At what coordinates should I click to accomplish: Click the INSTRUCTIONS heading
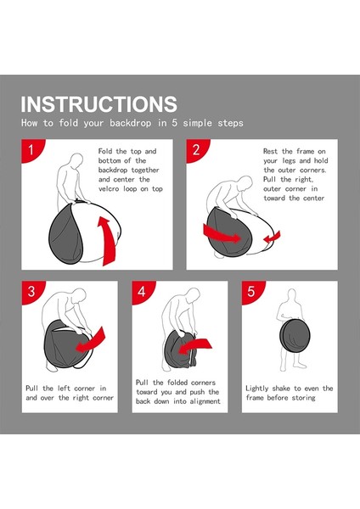click(x=98, y=103)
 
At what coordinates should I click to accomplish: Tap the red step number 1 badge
click(x=31, y=149)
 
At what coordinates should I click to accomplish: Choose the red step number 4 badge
click(x=142, y=291)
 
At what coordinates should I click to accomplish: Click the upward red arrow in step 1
click(x=107, y=241)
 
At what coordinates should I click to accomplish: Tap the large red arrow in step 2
click(x=221, y=234)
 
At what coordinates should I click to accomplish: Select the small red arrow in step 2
click(x=272, y=238)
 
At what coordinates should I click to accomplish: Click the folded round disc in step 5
click(x=295, y=336)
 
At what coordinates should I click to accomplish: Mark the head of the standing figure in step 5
click(x=292, y=294)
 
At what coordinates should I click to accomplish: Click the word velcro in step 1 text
click(x=109, y=189)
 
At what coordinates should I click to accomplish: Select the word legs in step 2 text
click(x=290, y=161)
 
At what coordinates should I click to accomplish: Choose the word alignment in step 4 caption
click(x=205, y=401)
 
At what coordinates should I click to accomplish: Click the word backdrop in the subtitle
click(x=130, y=123)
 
